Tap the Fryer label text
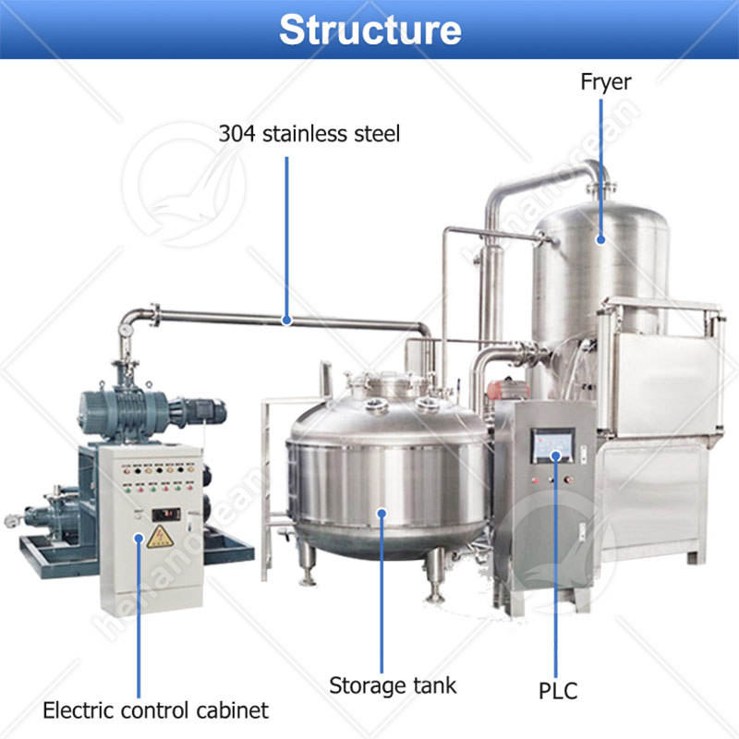pos(605,81)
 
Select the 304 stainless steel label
pos(309,133)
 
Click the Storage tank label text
pos(393,685)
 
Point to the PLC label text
pos(557,689)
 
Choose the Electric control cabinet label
pos(156,710)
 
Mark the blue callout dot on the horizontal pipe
pos(287,321)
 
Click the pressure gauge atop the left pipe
pos(125,327)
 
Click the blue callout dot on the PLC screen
pos(555,455)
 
